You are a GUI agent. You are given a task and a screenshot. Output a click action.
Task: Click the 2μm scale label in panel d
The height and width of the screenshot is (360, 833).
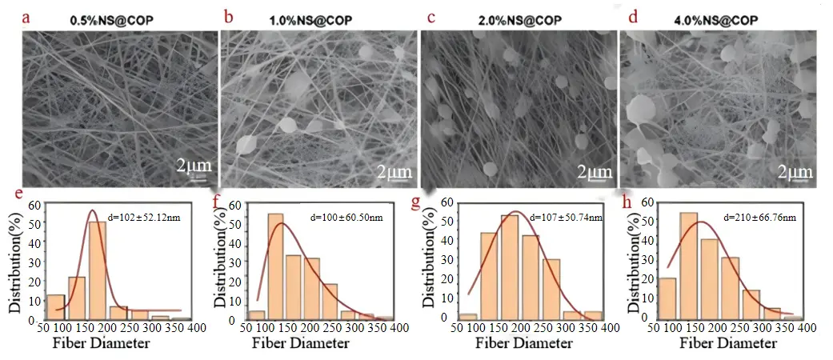click(x=795, y=171)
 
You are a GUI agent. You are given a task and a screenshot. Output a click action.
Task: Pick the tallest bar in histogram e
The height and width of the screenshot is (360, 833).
click(x=97, y=270)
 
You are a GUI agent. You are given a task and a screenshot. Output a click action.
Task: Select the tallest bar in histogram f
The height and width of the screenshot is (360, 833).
click(x=275, y=266)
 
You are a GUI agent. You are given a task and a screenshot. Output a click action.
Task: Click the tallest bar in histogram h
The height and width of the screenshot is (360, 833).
click(x=688, y=266)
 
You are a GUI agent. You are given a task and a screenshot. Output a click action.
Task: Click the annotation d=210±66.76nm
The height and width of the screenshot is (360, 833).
click(x=756, y=217)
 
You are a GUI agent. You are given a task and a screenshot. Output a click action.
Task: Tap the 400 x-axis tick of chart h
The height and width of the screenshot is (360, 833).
click(x=806, y=330)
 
